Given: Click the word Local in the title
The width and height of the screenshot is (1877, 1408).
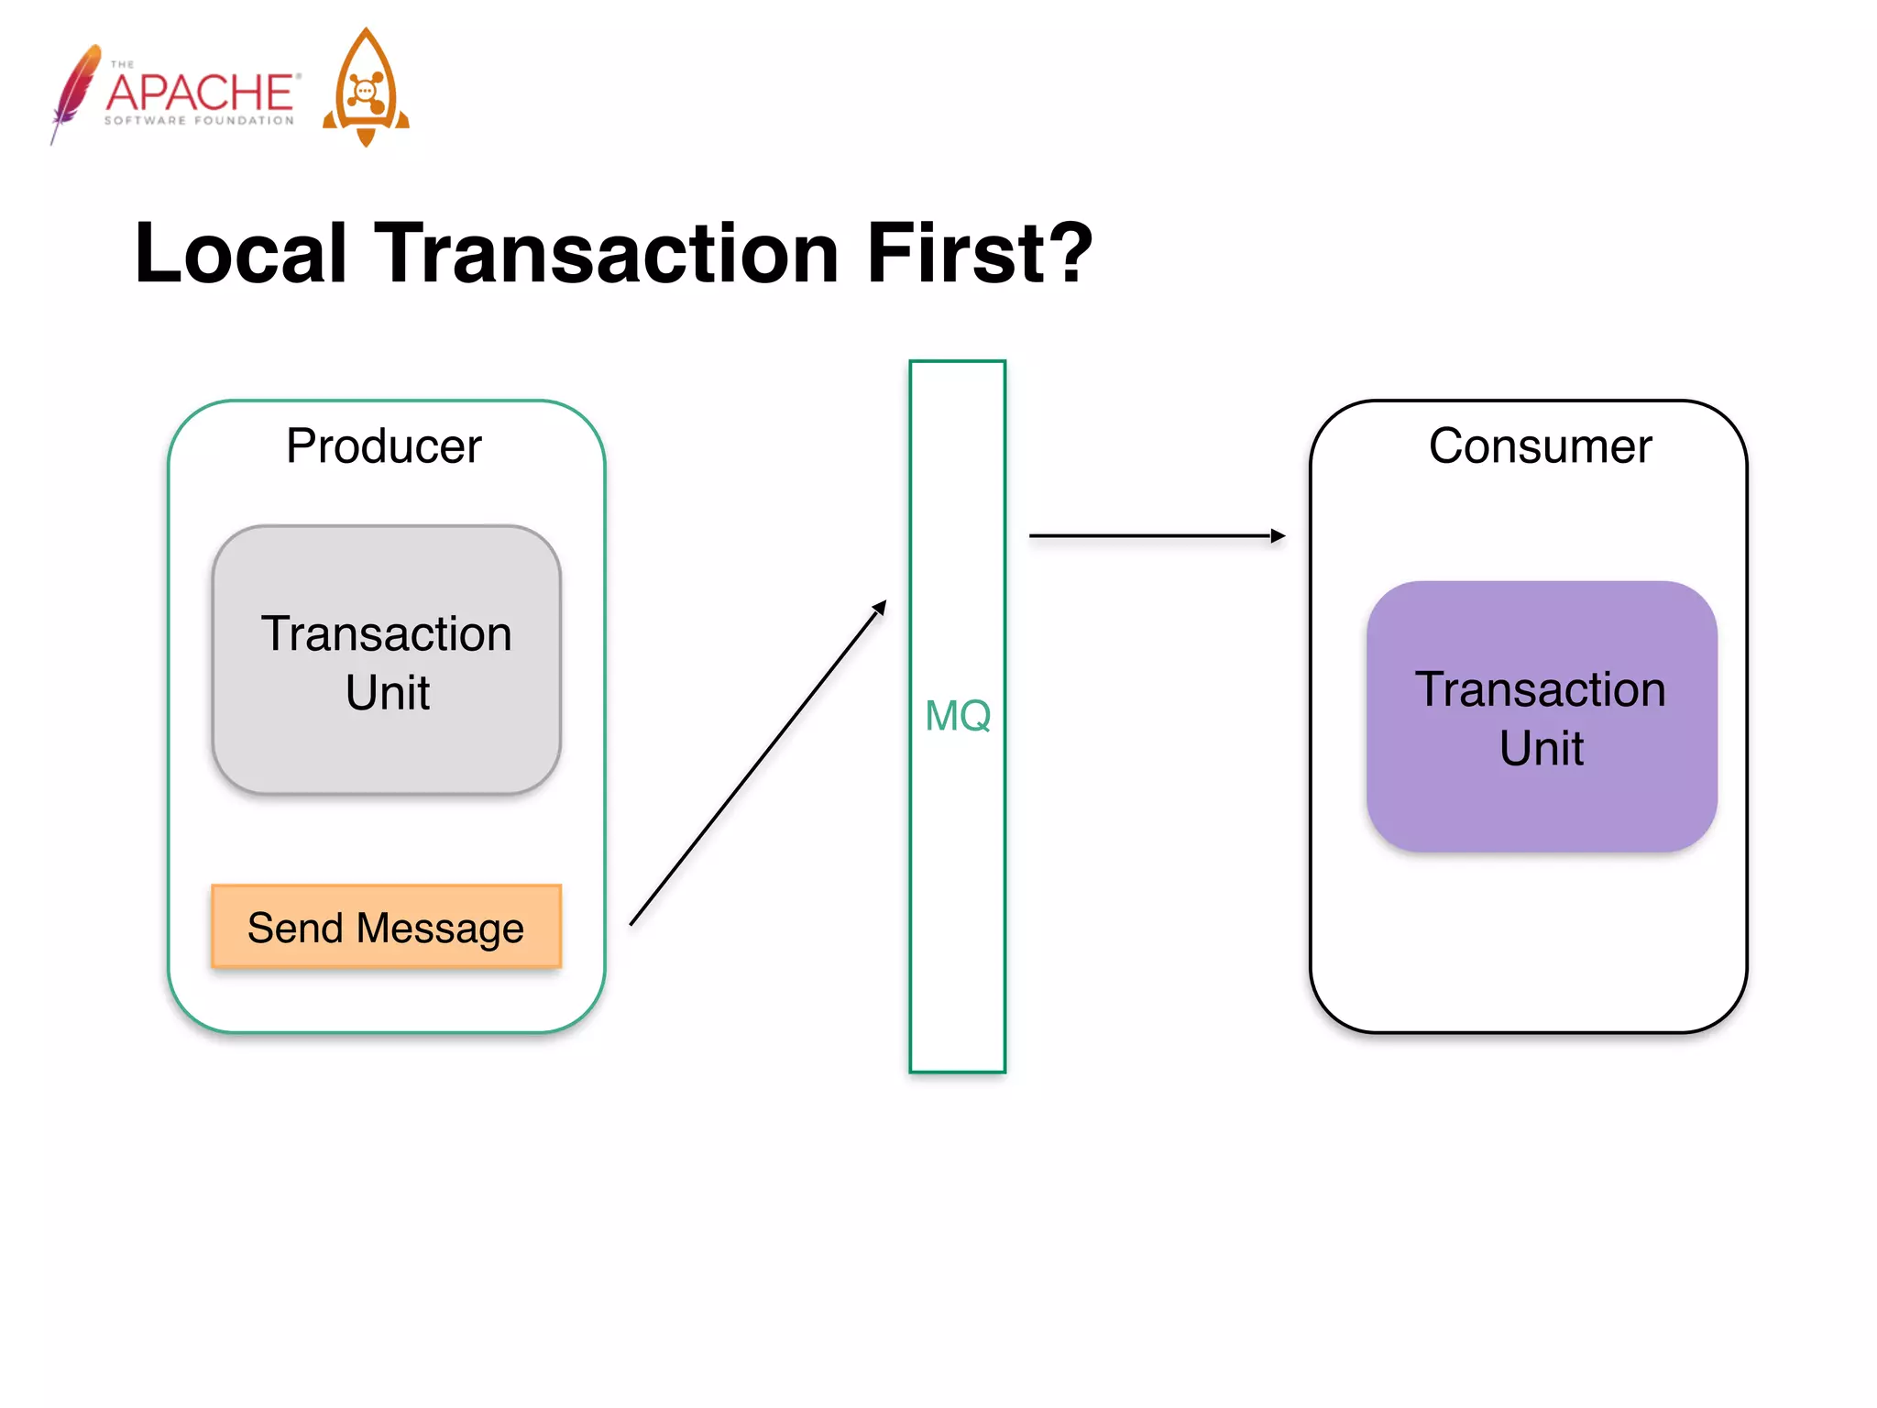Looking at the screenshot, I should (240, 254).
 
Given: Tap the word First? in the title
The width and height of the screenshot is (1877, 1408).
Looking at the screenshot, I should (979, 254).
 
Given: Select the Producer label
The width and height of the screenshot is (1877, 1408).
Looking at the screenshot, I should (383, 446).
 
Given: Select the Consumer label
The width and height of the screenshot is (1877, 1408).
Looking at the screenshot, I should (1540, 446).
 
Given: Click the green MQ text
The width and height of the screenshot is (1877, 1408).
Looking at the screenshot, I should (958, 716).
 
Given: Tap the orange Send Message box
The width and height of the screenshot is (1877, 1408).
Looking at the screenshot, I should (386, 927).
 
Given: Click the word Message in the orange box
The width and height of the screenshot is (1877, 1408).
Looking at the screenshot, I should (440, 929).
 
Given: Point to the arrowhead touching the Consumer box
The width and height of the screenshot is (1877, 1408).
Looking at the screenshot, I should (1279, 536).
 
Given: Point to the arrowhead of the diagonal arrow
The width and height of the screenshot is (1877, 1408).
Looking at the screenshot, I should (881, 607).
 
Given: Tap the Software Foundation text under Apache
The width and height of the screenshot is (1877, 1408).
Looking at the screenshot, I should (199, 120).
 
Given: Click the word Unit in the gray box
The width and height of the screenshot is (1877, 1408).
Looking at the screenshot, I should (387, 693).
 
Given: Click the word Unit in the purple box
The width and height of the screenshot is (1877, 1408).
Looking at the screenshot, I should (1541, 749).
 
